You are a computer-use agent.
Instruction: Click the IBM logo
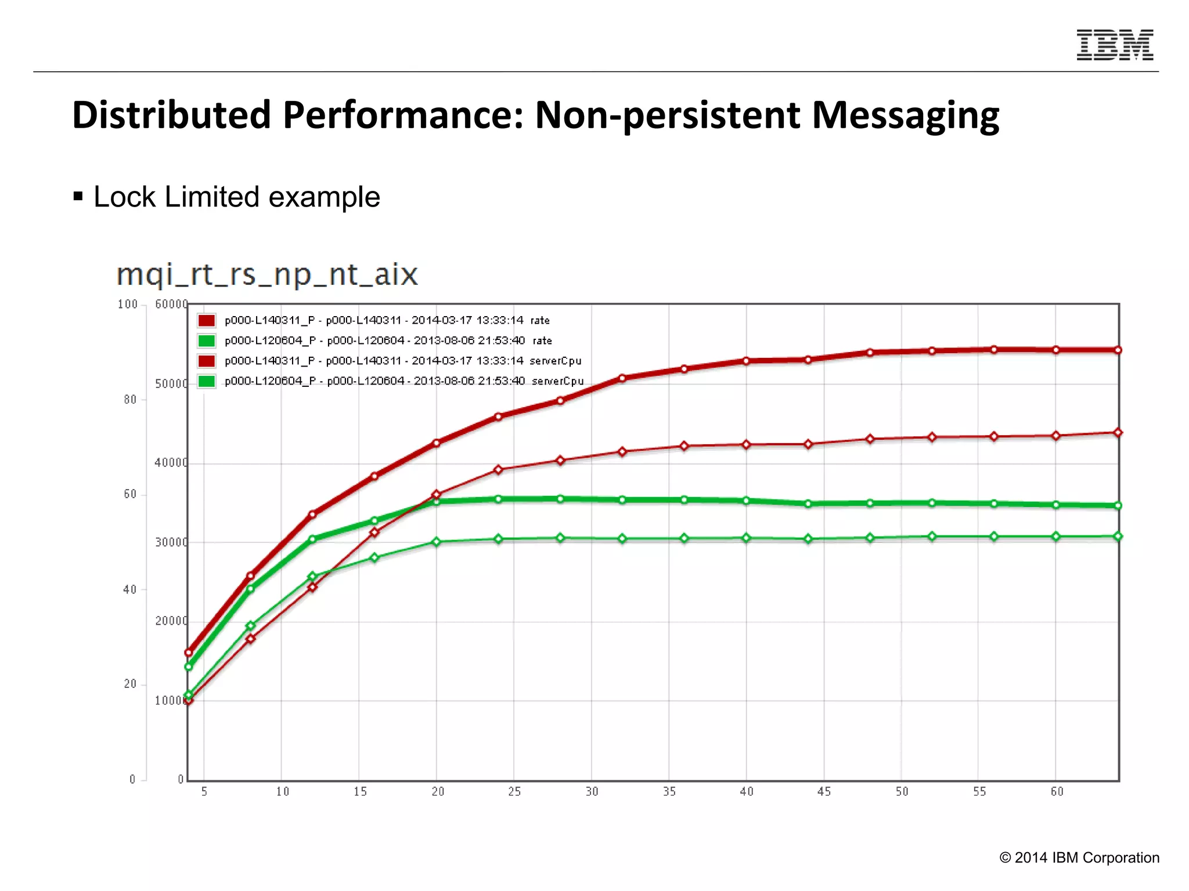[x=1115, y=45]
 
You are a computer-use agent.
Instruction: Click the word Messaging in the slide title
[x=905, y=115]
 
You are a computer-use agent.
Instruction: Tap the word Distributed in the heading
[x=171, y=115]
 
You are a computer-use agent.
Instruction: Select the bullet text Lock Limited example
[x=236, y=197]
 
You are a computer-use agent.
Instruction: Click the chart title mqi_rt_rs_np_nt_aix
[x=267, y=274]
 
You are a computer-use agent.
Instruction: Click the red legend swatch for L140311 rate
[x=207, y=320]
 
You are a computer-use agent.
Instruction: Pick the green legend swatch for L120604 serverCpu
[x=207, y=381]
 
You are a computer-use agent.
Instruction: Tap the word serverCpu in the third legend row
[x=555, y=361]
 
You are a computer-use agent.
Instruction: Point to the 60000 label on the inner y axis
[x=171, y=305]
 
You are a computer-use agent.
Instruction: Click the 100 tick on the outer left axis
[x=128, y=305]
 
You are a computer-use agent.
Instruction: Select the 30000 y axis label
[x=171, y=542]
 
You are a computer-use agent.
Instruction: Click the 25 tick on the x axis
[x=514, y=792]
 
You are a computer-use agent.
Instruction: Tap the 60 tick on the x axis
[x=1057, y=792]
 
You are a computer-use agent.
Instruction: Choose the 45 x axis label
[x=824, y=792]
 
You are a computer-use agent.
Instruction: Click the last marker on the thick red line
[x=1118, y=350]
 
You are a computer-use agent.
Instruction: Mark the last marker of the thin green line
[x=1118, y=537]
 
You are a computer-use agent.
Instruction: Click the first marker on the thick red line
[x=188, y=653]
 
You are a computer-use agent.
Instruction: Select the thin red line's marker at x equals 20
[x=437, y=495]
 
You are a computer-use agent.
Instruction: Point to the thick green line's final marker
[x=1118, y=505]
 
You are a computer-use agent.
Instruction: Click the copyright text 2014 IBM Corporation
[x=1080, y=858]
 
